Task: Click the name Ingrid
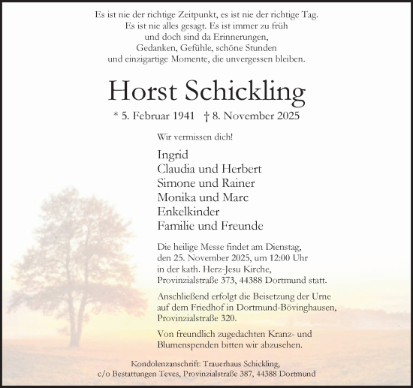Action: point(173,155)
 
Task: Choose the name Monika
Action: point(177,197)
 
